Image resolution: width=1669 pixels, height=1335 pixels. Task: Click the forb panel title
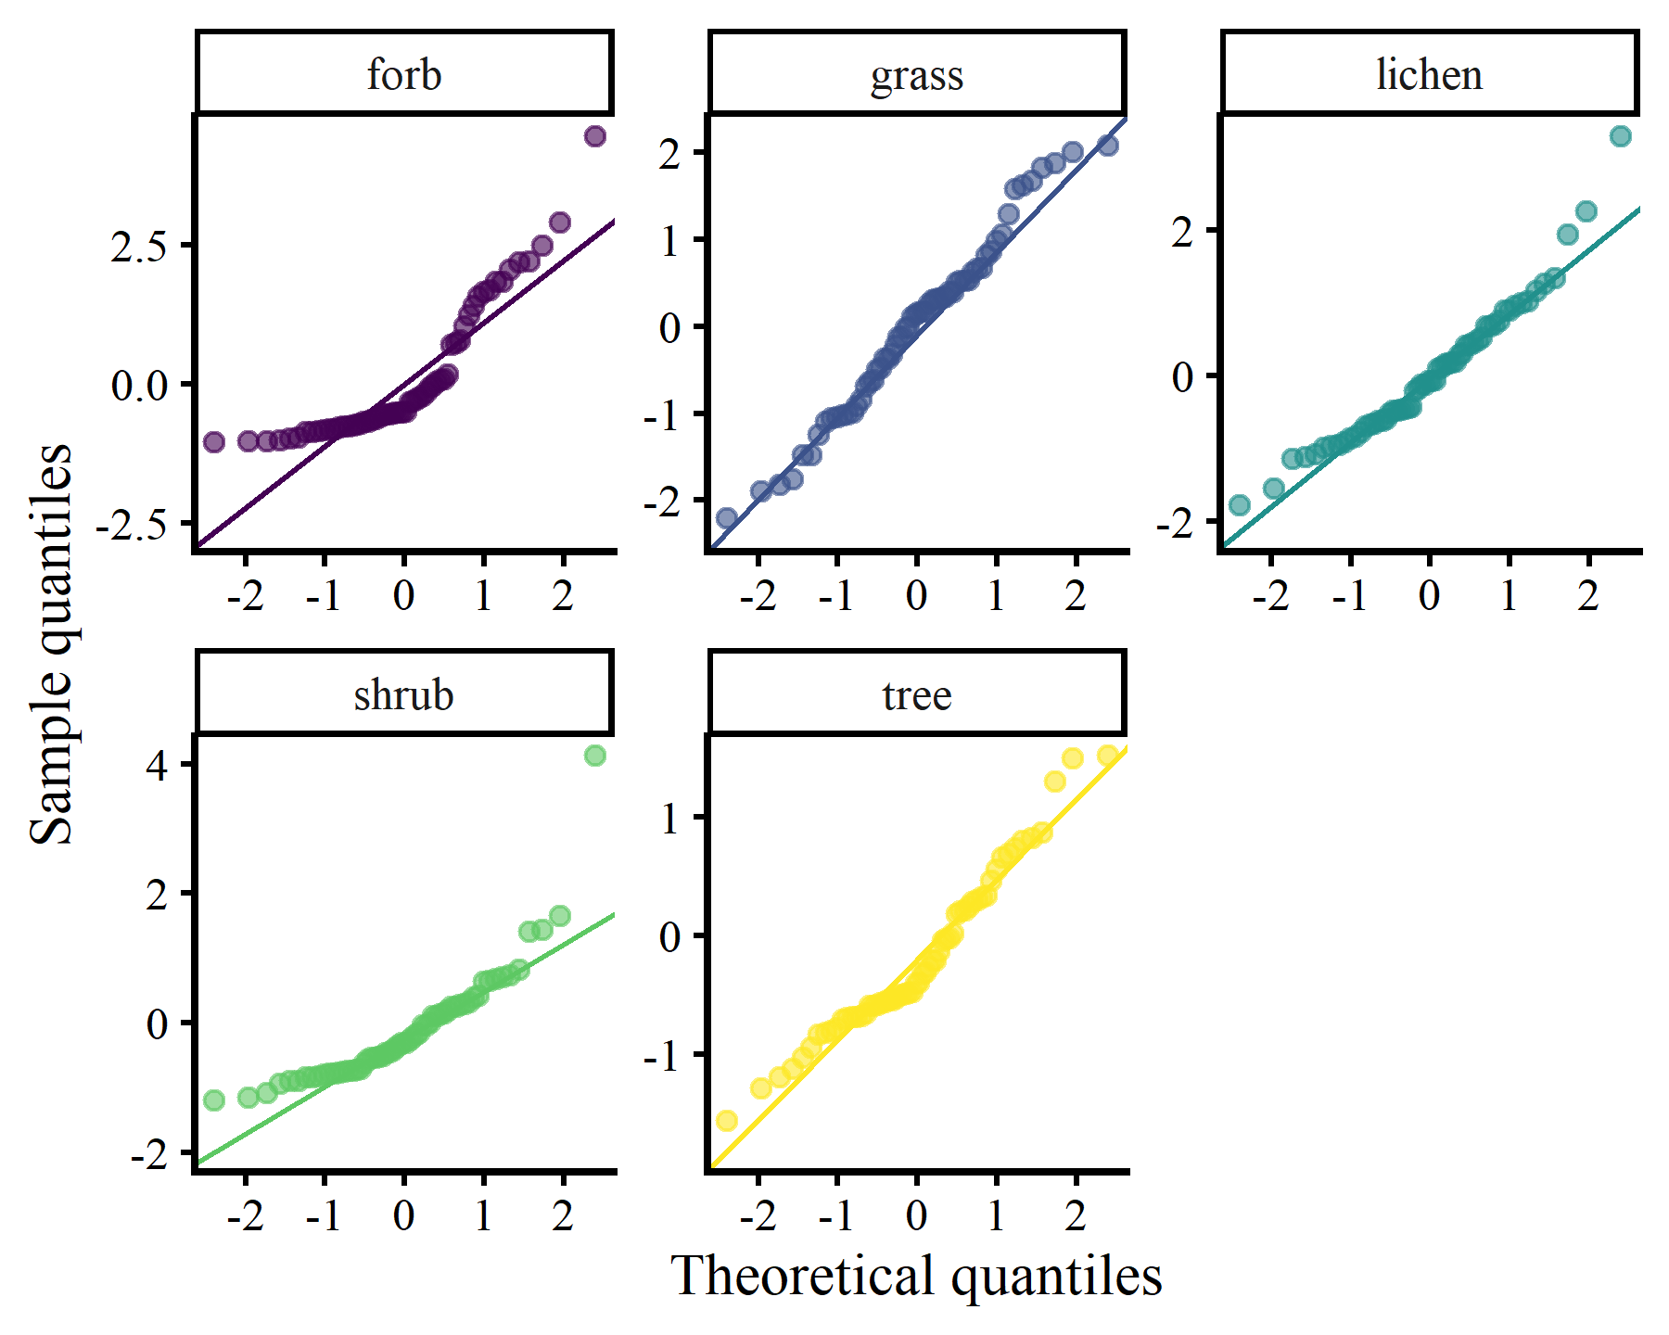click(404, 74)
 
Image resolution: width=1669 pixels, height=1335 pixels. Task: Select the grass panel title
click(917, 74)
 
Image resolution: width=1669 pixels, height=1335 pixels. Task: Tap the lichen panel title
click(1429, 74)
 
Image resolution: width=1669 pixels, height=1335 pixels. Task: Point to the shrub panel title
click(404, 694)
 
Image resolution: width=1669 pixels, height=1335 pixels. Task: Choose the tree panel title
click(917, 694)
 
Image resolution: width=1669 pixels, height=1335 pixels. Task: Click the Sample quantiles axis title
click(51, 644)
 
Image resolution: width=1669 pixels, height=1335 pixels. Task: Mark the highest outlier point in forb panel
click(595, 136)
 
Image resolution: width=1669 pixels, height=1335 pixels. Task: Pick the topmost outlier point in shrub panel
click(595, 756)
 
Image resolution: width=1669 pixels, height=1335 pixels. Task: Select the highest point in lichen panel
click(1620, 136)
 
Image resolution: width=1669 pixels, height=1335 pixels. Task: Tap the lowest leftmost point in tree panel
click(727, 1121)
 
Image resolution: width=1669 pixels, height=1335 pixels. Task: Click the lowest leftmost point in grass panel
click(727, 517)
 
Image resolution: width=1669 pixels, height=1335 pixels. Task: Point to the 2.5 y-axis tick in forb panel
click(139, 246)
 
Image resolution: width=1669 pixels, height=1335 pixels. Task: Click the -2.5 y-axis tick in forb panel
click(132, 525)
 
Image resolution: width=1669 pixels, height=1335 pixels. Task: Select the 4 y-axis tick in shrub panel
click(158, 765)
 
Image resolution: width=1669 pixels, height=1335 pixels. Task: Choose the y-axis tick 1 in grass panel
click(670, 240)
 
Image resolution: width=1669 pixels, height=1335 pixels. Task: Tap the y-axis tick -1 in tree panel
click(663, 1055)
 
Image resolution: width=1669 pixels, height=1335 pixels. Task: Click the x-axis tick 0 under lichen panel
click(1429, 594)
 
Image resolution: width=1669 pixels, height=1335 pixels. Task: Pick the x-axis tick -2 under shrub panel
click(245, 1214)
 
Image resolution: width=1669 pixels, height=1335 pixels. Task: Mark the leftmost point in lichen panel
click(1239, 505)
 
